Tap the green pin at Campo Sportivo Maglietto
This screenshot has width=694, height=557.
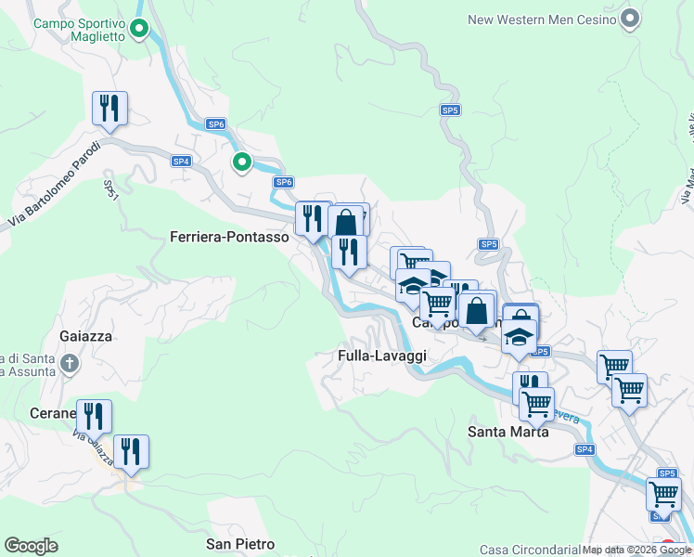click(139, 31)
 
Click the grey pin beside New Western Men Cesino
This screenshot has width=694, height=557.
click(631, 19)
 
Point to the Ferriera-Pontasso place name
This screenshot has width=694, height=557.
click(230, 238)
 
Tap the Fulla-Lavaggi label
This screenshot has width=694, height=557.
click(381, 356)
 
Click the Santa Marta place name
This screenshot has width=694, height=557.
click(508, 432)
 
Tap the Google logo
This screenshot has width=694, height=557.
click(31, 546)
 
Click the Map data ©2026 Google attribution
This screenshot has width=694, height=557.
click(636, 550)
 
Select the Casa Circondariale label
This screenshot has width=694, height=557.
click(529, 550)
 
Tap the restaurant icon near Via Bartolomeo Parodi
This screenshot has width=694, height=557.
click(109, 108)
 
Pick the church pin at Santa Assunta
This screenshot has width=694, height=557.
click(70, 366)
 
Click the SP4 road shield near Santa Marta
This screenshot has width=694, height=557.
click(584, 449)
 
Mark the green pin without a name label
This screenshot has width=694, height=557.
click(242, 163)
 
